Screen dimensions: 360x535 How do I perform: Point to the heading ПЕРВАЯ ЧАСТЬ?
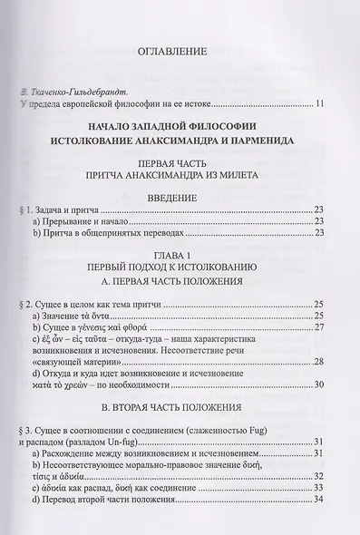click(x=180, y=167)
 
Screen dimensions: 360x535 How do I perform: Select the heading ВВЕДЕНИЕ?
click(x=180, y=206)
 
